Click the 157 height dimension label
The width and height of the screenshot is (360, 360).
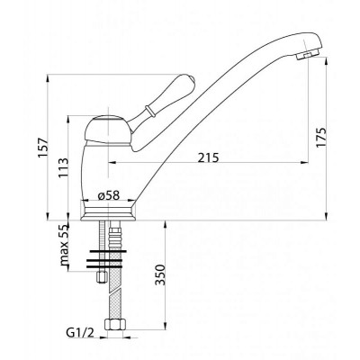[43, 148]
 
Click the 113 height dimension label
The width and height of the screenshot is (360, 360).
[63, 168]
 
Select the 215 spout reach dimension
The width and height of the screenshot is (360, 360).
[208, 157]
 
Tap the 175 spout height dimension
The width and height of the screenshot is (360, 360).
[320, 138]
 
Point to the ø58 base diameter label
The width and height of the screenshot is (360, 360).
[109, 195]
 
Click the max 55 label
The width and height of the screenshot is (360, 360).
[64, 246]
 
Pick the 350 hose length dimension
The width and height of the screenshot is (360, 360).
[160, 275]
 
